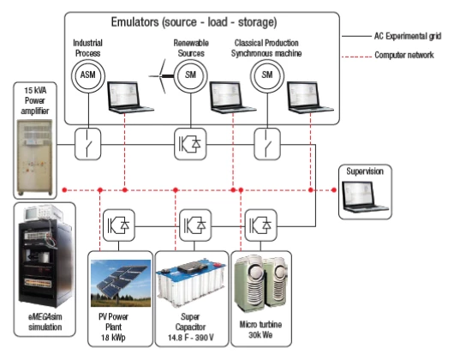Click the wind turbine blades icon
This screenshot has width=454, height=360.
click(161, 76)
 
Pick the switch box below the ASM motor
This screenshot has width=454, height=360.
click(88, 144)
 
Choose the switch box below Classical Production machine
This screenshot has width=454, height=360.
click(267, 144)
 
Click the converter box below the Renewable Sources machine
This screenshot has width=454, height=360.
click(190, 144)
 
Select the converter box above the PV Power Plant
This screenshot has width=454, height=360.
click(119, 225)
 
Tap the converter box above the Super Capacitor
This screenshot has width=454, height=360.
click(195, 225)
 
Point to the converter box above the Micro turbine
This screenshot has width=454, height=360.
click(261, 225)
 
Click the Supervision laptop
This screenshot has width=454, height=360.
click(366, 196)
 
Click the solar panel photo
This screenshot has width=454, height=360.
click(121, 283)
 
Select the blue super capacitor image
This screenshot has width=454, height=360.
click(190, 283)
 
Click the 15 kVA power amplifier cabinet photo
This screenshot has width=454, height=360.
click(35, 157)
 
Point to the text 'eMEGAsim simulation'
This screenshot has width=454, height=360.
click(45, 321)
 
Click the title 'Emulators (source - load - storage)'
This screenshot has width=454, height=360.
click(194, 22)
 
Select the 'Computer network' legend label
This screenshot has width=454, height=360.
click(404, 55)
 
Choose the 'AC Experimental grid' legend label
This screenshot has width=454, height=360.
click(408, 36)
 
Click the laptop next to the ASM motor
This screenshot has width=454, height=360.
click(130, 97)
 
